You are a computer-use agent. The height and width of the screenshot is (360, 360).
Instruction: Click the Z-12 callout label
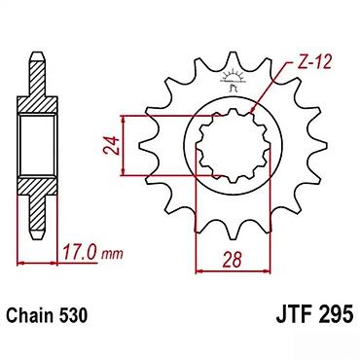(314, 62)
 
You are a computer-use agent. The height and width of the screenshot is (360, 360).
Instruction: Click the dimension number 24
(111, 145)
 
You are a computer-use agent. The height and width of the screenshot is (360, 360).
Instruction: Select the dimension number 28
(233, 260)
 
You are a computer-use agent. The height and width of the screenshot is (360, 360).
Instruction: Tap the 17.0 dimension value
(80, 253)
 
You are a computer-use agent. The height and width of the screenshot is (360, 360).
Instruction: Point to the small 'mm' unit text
(112, 255)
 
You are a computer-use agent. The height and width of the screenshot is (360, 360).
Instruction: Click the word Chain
(30, 315)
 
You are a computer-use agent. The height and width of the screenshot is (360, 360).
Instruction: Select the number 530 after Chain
(73, 315)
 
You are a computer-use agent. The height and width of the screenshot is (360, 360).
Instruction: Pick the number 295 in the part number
(336, 315)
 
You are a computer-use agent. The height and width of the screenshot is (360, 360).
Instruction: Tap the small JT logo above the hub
(233, 81)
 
